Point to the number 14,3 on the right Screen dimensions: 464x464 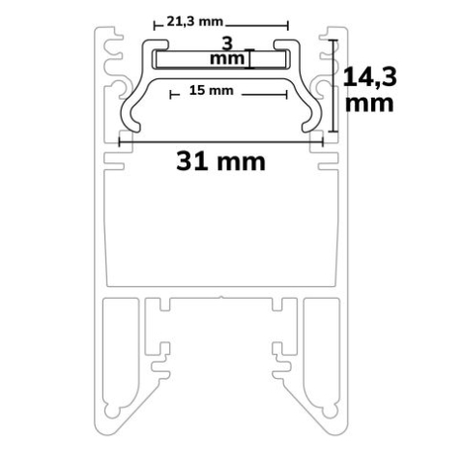pos(368,73)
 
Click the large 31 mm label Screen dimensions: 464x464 pos(220,160)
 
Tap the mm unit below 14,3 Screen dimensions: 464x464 pos(368,102)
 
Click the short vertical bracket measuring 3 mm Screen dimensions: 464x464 pos(249,60)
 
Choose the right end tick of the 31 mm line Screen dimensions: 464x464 pos(323,141)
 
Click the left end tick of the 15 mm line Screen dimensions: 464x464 pos(172,95)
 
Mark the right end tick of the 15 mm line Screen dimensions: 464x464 pos(286,95)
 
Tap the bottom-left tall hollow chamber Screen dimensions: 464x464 pos(122,358)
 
